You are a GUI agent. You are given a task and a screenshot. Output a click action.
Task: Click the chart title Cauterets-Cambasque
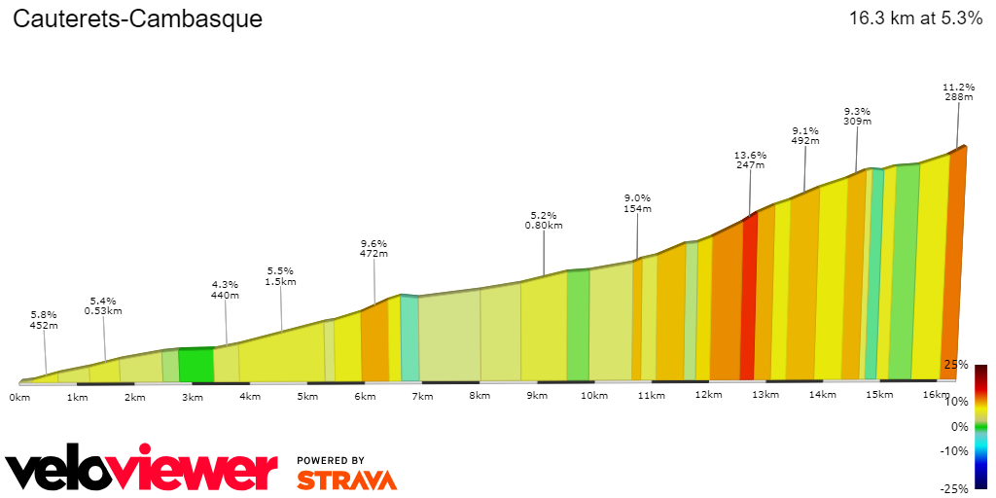pyautogui.click(x=137, y=19)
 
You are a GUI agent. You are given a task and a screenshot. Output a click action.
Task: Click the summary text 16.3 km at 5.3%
pyautogui.click(x=915, y=18)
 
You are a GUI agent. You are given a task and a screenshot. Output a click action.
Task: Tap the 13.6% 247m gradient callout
pyautogui.click(x=750, y=160)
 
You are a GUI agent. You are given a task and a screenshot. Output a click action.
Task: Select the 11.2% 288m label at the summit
pyautogui.click(x=959, y=91)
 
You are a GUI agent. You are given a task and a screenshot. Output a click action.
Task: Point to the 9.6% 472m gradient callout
pyautogui.click(x=374, y=249)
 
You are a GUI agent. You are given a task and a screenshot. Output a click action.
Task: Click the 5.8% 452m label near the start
pyautogui.click(x=44, y=320)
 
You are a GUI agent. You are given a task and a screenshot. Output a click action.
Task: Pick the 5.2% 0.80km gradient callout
pyautogui.click(x=544, y=220)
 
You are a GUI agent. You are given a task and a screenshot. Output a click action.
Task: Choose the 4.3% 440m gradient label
pyautogui.click(x=225, y=290)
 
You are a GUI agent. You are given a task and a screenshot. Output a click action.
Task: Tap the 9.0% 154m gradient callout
pyautogui.click(x=637, y=203)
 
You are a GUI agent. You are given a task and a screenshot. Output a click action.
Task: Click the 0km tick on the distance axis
pyautogui.click(x=18, y=396)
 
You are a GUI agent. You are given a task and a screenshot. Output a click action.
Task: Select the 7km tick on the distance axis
pyautogui.click(x=422, y=396)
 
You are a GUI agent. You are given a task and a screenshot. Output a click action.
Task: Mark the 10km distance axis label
pyautogui.click(x=593, y=396)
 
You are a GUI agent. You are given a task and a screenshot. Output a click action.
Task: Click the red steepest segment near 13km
pyautogui.click(x=748, y=302)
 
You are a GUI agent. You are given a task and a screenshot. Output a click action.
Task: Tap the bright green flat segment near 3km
pyautogui.click(x=196, y=364)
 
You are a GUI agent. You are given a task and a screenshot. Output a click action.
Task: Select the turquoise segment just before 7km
pyautogui.click(x=409, y=338)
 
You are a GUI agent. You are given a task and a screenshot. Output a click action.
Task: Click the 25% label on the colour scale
pyautogui.click(x=955, y=365)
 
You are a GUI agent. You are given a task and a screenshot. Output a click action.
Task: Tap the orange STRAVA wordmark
pyautogui.click(x=346, y=480)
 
